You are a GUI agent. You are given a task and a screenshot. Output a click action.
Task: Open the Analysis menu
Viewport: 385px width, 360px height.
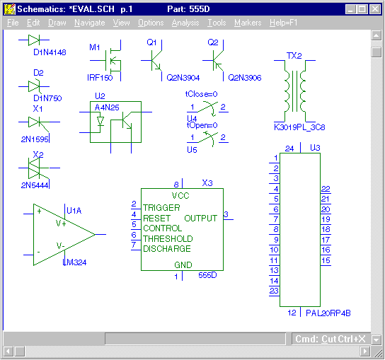(x=185, y=23)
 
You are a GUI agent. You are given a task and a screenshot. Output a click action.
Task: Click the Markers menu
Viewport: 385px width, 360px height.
(x=248, y=23)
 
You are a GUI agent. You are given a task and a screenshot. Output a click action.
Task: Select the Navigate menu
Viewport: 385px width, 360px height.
(x=90, y=23)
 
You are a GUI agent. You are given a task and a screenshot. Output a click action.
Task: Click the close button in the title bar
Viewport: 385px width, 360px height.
(x=375, y=9)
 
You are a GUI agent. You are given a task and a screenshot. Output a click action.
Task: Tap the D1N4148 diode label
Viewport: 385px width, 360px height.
(x=50, y=52)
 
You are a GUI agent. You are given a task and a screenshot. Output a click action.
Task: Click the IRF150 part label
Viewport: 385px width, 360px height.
(x=100, y=78)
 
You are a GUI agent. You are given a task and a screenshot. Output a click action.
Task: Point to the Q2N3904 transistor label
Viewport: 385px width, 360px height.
(x=183, y=78)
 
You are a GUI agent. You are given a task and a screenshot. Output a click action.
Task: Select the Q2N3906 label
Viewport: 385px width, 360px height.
(x=245, y=78)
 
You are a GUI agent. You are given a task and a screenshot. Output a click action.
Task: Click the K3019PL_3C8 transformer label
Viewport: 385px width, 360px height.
(x=299, y=127)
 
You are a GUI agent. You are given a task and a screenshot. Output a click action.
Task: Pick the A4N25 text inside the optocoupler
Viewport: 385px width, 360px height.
(x=107, y=108)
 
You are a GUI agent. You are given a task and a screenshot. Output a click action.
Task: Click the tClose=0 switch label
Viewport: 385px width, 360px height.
(x=201, y=94)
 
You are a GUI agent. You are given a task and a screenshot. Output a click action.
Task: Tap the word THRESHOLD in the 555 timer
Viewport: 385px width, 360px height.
(x=168, y=239)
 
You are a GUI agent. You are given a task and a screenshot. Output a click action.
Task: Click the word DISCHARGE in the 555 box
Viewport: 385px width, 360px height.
(x=167, y=249)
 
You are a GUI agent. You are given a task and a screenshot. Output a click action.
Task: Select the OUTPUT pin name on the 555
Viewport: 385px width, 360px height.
(x=200, y=218)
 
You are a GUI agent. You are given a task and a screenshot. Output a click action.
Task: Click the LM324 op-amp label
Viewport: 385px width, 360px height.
(x=74, y=262)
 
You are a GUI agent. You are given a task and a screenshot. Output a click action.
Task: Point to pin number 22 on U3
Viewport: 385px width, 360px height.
(x=326, y=189)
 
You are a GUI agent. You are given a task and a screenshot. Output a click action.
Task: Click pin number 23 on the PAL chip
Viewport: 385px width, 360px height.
(x=274, y=291)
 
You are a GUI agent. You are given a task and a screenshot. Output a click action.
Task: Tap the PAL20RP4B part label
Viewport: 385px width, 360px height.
(x=328, y=313)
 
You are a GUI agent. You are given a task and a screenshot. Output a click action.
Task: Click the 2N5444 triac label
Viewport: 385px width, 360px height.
(x=35, y=185)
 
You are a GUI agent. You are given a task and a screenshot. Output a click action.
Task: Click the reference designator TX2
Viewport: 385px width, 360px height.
(x=294, y=56)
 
